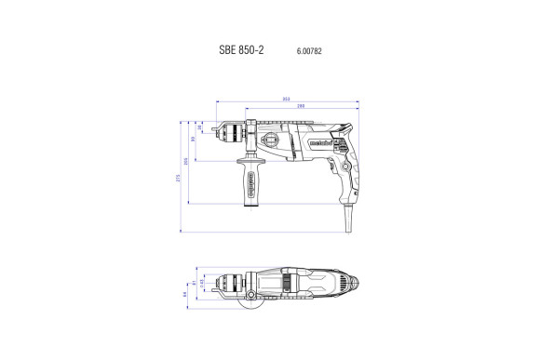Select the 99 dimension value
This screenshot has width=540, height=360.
point(193,140)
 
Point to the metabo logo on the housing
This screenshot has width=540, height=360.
point(315,142)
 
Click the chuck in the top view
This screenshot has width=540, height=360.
point(228,282)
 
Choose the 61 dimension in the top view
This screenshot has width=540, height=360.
point(192,285)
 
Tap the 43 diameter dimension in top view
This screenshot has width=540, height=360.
point(200,281)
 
